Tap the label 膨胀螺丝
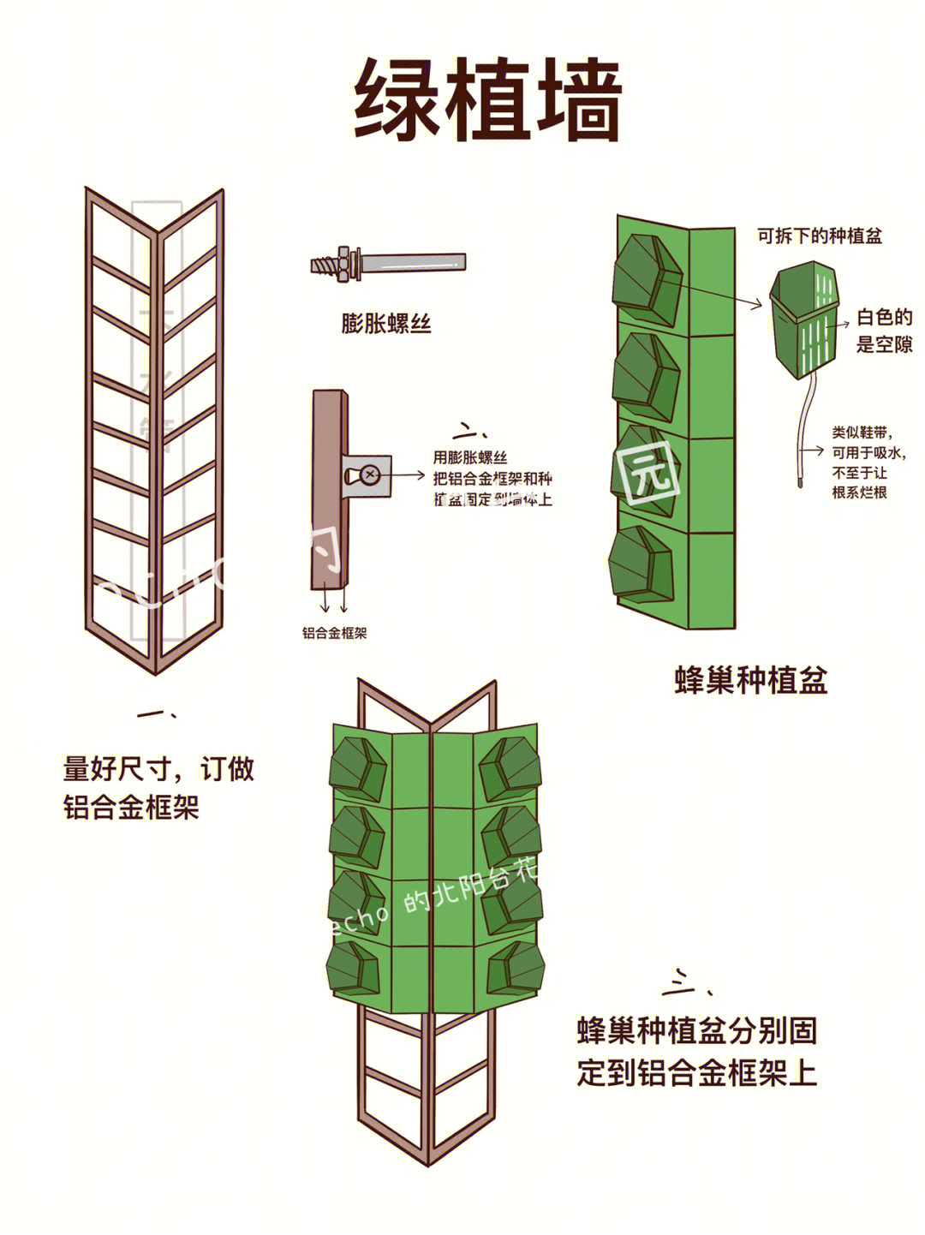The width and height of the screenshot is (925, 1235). coord(386,323)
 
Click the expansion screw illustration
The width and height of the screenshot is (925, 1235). coord(388,262)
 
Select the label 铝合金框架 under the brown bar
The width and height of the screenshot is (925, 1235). coord(334,633)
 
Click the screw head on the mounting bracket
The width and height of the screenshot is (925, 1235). coord(369,474)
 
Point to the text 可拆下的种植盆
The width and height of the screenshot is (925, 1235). coord(819,236)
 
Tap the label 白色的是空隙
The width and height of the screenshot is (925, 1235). coord(884,331)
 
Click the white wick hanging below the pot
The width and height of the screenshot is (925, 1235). coord(803,437)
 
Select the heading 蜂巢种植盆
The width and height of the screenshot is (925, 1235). coord(751,680)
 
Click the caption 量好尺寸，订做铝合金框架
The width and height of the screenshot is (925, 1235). coord(158,787)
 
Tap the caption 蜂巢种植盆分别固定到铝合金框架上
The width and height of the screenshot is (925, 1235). coord(696,1051)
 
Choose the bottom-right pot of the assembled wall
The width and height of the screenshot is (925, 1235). coord(515,970)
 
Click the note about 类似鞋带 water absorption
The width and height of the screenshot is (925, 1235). coord(868,462)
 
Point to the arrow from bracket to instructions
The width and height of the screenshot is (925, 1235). coord(409,474)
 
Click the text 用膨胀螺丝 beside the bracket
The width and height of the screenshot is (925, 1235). coord(470,458)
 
